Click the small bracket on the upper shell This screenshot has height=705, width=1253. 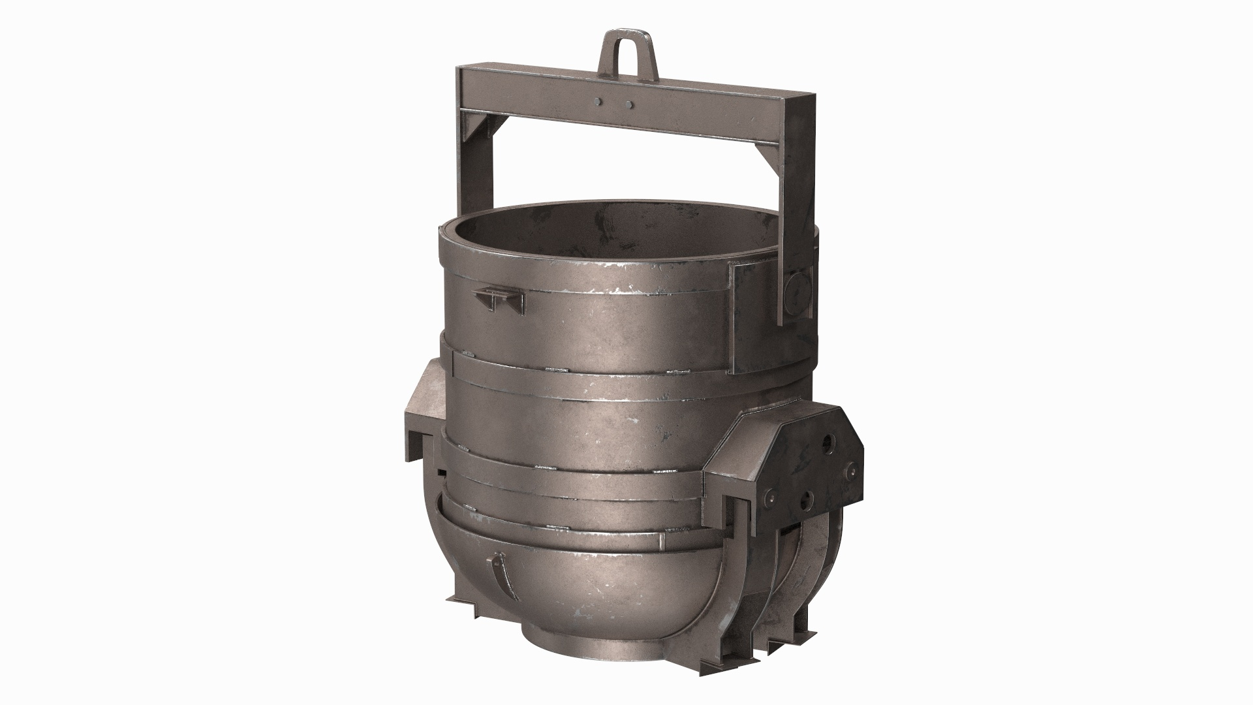pyautogui.click(x=500, y=300)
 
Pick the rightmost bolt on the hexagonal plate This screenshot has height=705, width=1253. pyautogui.click(x=850, y=471)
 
